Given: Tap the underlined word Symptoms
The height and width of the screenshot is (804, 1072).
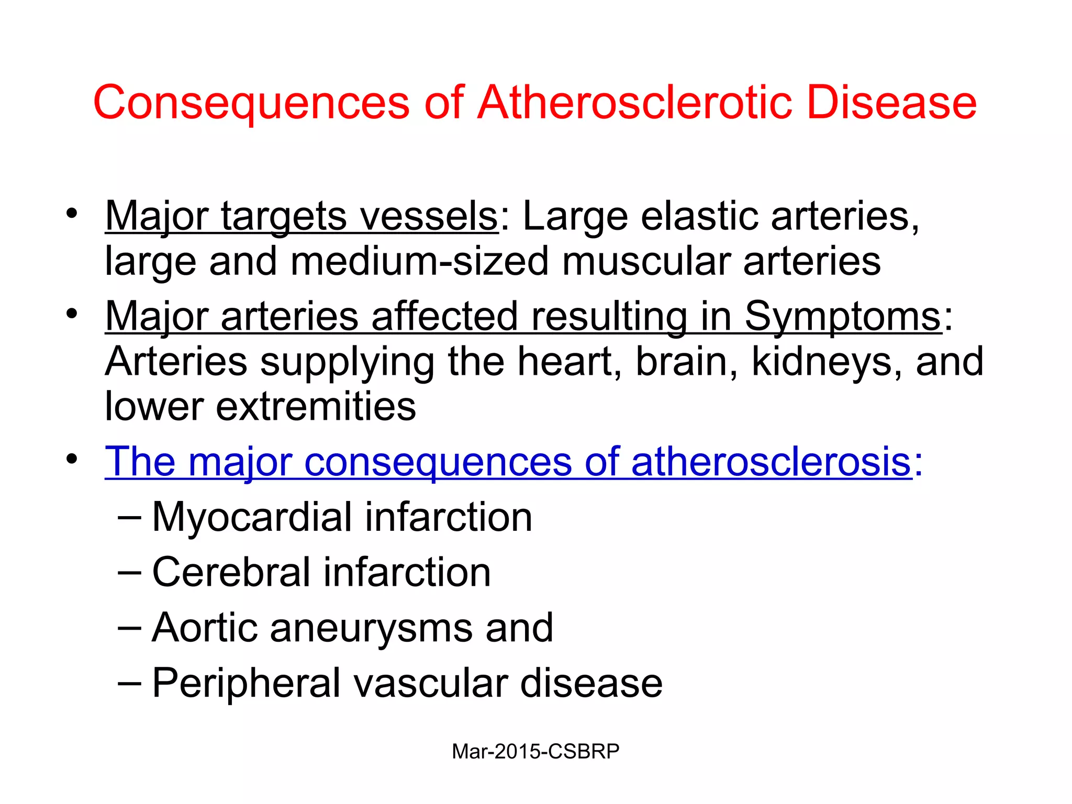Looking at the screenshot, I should point(843,316).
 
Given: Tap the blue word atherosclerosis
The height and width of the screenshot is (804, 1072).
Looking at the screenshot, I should point(772,462).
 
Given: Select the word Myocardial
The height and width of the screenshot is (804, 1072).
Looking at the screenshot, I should point(252,517).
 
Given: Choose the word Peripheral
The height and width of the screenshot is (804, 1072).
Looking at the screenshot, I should point(246,683).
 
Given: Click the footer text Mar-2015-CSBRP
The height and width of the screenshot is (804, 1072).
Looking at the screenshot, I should point(535,752).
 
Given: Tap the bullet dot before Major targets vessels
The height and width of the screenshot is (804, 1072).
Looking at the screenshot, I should point(72,214).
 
